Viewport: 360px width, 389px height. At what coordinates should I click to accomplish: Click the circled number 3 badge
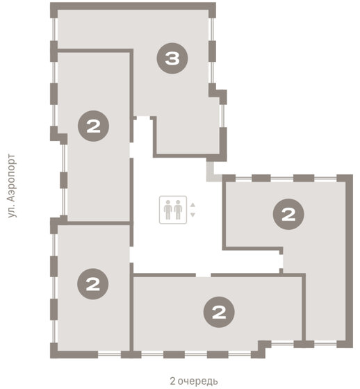172,58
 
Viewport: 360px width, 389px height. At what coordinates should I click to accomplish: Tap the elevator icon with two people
173,210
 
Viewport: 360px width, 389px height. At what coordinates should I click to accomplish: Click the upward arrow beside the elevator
193,205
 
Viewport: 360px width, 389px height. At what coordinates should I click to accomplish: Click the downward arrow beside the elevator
193,215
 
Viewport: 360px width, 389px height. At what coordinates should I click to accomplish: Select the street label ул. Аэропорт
11,186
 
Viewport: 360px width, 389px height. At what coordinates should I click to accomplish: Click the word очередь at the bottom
198,381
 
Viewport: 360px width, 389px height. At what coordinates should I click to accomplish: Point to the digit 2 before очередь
172,381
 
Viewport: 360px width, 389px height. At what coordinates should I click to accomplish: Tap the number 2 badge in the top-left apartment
93,126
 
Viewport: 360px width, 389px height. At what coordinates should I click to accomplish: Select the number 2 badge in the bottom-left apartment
93,284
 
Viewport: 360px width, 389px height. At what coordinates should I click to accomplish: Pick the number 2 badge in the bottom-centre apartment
219,312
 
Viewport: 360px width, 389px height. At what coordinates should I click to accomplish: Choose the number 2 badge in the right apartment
288,214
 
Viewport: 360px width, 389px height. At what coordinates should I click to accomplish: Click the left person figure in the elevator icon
168,210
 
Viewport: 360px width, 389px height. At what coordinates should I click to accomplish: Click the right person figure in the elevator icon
178,210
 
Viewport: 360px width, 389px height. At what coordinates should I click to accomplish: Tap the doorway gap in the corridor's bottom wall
204,275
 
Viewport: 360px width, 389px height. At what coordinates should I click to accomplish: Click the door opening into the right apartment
281,261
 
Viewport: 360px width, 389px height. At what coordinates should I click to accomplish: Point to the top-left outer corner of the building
51,3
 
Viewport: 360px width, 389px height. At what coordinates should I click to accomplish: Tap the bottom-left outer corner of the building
51,358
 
